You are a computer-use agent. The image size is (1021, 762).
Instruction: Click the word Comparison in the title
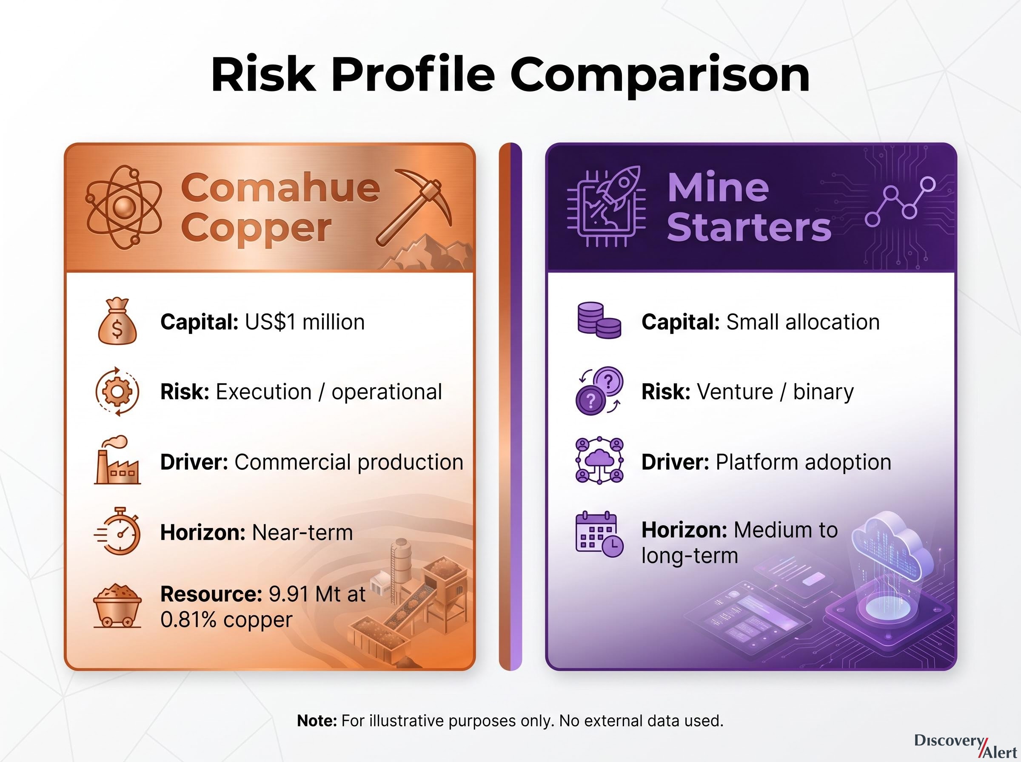pos(660,77)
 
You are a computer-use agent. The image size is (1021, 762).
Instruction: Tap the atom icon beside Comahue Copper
pos(124,208)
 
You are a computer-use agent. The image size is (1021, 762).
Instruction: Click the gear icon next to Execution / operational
pos(117,392)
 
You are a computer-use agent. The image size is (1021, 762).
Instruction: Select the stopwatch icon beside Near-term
pos(118,531)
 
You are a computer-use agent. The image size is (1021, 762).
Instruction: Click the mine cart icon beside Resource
pos(117,606)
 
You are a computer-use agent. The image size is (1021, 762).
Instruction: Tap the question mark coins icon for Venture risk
pos(599,391)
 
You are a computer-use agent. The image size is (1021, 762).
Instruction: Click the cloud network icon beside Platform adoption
pos(599,461)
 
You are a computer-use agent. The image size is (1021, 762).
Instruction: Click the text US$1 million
pos(305,322)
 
